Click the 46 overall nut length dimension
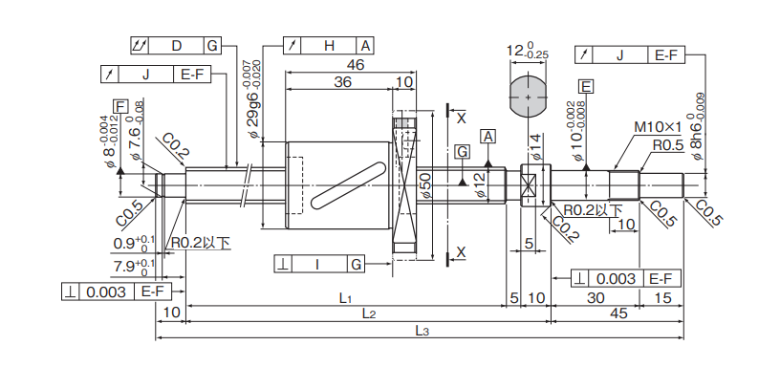tap(356, 64)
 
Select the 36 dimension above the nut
tap(342, 81)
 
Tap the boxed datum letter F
tap(119, 106)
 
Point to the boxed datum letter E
tap(587, 87)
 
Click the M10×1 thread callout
tap(657, 127)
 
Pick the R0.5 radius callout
tap(667, 144)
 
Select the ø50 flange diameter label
tap(424, 185)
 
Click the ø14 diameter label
tap(535, 147)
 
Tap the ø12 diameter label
tap(480, 185)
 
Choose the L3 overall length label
tap(422, 333)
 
